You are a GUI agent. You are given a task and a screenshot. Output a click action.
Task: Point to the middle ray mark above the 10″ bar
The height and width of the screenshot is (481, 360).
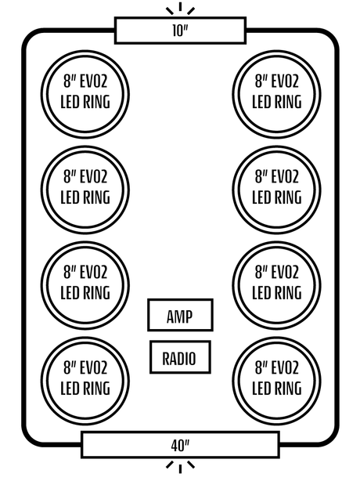click(x=180, y=6)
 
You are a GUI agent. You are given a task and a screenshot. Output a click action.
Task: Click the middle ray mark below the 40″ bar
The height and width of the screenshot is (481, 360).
click(x=180, y=469)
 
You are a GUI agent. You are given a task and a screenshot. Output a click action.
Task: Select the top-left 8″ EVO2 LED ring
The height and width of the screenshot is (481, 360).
click(x=85, y=52)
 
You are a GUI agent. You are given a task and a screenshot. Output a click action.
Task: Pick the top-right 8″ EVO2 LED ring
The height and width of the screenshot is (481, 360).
click(x=277, y=52)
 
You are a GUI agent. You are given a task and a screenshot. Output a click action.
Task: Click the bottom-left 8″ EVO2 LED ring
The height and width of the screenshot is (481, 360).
click(x=85, y=338)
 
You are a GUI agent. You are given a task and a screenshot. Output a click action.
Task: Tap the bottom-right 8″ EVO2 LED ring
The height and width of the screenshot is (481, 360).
click(x=277, y=338)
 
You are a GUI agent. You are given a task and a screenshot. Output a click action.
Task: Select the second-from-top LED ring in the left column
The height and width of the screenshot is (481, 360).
click(x=85, y=147)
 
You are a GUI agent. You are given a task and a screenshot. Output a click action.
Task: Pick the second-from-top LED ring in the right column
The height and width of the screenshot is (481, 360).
click(x=277, y=147)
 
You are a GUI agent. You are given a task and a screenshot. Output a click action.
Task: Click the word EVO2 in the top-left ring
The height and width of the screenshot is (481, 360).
click(x=93, y=81)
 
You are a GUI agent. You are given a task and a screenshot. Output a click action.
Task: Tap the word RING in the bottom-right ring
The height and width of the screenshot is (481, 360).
click(x=288, y=388)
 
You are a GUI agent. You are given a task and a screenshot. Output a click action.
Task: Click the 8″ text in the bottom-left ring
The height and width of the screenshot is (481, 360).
click(x=69, y=368)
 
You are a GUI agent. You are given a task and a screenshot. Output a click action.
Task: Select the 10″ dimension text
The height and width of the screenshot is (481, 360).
click(x=180, y=31)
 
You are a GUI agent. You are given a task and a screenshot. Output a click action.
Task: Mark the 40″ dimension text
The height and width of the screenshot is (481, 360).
click(x=180, y=445)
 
